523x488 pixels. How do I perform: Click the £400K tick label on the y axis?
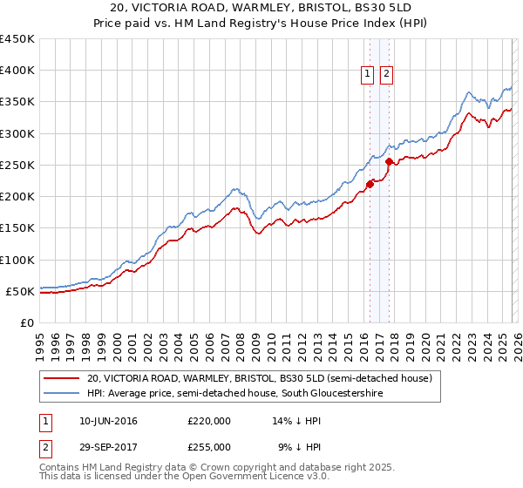click(x=17, y=71)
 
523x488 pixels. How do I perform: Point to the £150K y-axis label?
click(x=17, y=228)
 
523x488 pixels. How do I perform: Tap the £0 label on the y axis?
click(x=27, y=323)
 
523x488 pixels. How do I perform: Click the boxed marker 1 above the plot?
click(x=368, y=75)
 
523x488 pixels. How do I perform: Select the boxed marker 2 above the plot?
click(x=386, y=75)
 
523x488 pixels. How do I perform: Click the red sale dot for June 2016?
click(x=370, y=184)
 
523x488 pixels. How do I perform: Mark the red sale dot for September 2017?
click(x=389, y=162)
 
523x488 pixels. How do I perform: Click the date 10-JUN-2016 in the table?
click(x=107, y=421)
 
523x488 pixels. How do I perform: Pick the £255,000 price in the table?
click(x=209, y=446)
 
